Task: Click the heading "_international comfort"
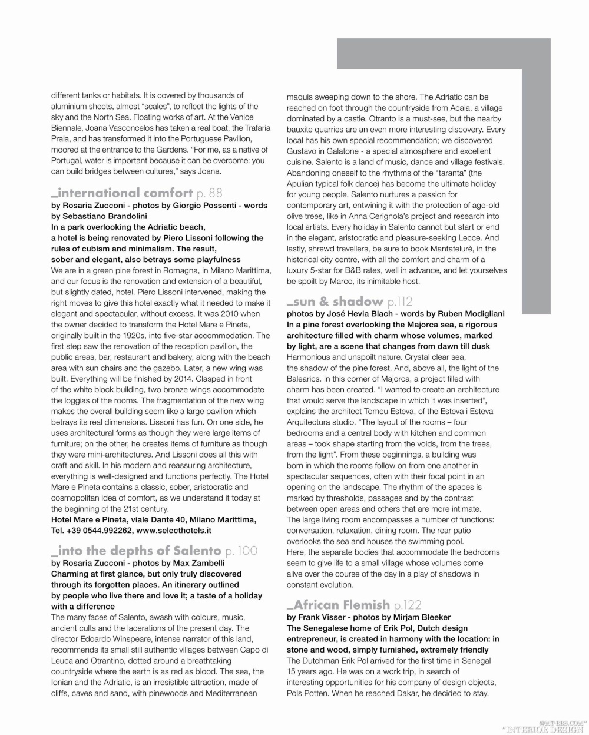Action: coord(122,193)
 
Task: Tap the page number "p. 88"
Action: coord(210,193)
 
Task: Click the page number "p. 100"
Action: coord(241,551)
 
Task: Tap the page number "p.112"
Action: coord(401,303)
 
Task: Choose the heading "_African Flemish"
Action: coord(338,604)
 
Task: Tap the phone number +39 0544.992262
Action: coord(100,530)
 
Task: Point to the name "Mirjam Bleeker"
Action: coord(422,617)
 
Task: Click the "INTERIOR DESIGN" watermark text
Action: coord(542,729)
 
